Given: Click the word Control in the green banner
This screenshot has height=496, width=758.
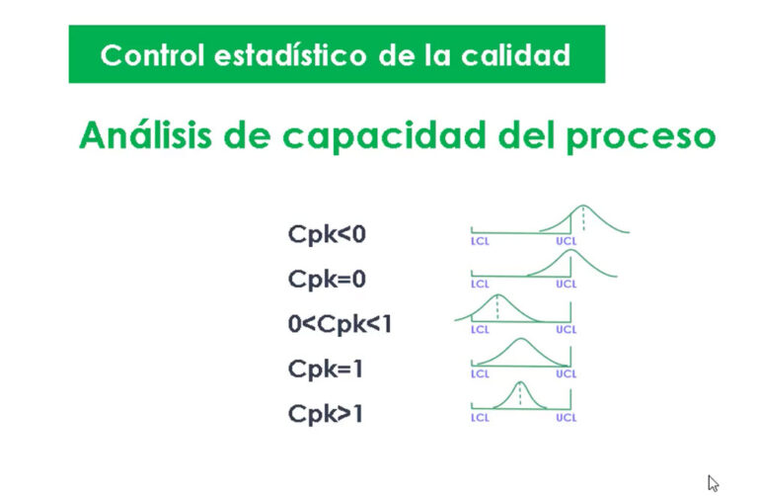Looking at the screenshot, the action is click(x=152, y=54).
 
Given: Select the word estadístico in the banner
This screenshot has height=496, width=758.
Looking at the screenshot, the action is click(x=290, y=54).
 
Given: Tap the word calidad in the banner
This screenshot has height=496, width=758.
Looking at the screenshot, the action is click(x=515, y=54).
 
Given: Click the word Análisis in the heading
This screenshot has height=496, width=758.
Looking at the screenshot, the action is click(x=145, y=134).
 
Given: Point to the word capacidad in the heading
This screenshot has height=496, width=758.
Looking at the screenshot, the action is click(x=384, y=136).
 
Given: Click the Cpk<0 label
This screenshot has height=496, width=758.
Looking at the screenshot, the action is click(x=327, y=234).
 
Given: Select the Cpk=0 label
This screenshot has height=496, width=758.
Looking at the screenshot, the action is click(x=327, y=280).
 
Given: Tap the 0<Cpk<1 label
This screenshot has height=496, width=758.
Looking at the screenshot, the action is click(x=340, y=324).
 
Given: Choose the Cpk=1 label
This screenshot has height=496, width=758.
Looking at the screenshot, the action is click(x=326, y=369).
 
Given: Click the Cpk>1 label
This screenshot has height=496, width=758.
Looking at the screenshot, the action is click(x=326, y=414).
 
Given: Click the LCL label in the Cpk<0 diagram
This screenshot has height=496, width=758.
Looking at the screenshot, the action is click(x=480, y=241).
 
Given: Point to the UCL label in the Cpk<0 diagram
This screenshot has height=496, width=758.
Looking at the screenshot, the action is click(x=567, y=241).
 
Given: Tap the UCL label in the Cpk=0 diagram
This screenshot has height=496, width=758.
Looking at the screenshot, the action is click(x=567, y=284).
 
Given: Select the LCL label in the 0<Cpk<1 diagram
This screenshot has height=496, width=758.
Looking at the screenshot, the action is click(x=480, y=330).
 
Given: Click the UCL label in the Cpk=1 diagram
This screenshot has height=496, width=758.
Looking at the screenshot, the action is click(x=567, y=373).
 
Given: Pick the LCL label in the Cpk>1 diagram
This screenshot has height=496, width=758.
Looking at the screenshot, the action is click(x=480, y=418).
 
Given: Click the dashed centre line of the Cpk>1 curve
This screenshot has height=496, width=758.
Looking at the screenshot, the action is click(x=520, y=394).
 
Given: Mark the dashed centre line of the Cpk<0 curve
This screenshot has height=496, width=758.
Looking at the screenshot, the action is click(x=583, y=218).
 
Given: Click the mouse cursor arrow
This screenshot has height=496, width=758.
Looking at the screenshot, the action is click(x=713, y=483).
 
